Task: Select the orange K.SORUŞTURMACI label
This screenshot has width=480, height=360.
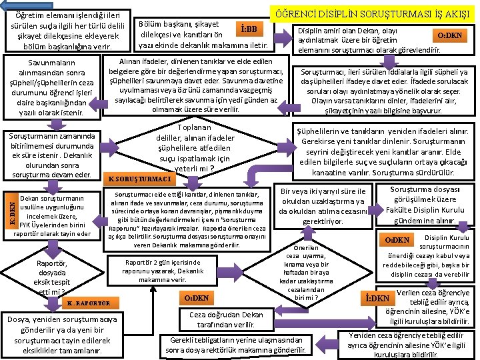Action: pos(139,179)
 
